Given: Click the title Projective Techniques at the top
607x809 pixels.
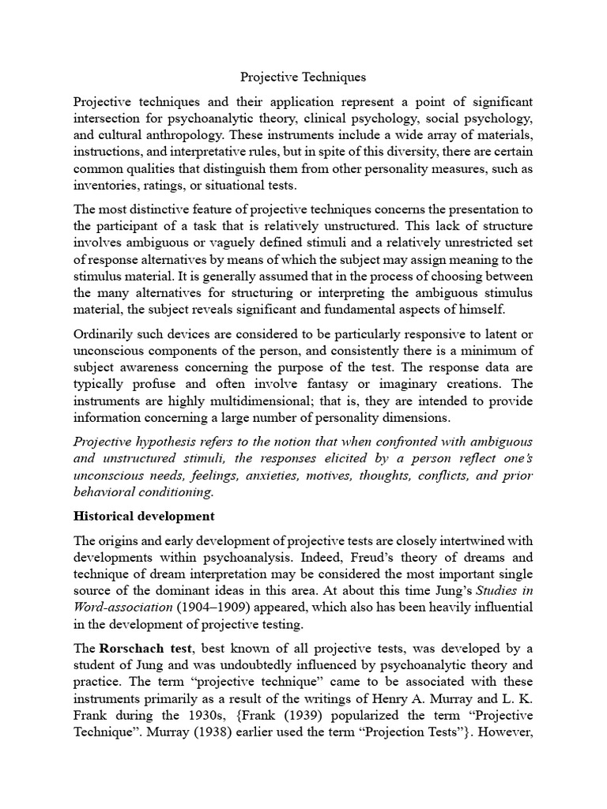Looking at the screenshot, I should coord(303,78).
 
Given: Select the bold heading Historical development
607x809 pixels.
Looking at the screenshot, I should coord(144,517).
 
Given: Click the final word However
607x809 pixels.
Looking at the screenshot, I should coord(507,732).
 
